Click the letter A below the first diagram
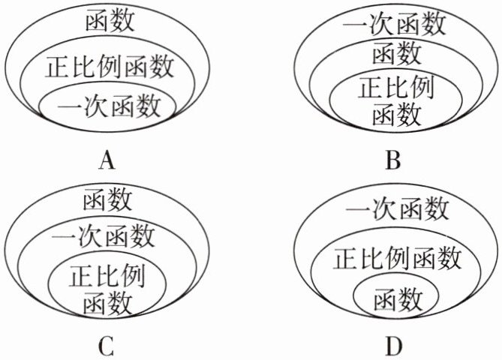[x=107, y=160]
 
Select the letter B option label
[x=392, y=160]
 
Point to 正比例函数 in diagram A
[x=110, y=67]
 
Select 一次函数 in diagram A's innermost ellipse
[x=109, y=106]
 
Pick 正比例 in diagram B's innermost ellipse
[x=396, y=87]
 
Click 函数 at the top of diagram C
[x=108, y=200]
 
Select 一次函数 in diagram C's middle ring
[x=105, y=238]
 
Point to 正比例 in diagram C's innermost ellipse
[x=107, y=275]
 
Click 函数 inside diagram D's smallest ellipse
[x=395, y=300]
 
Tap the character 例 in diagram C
[x=132, y=275]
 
